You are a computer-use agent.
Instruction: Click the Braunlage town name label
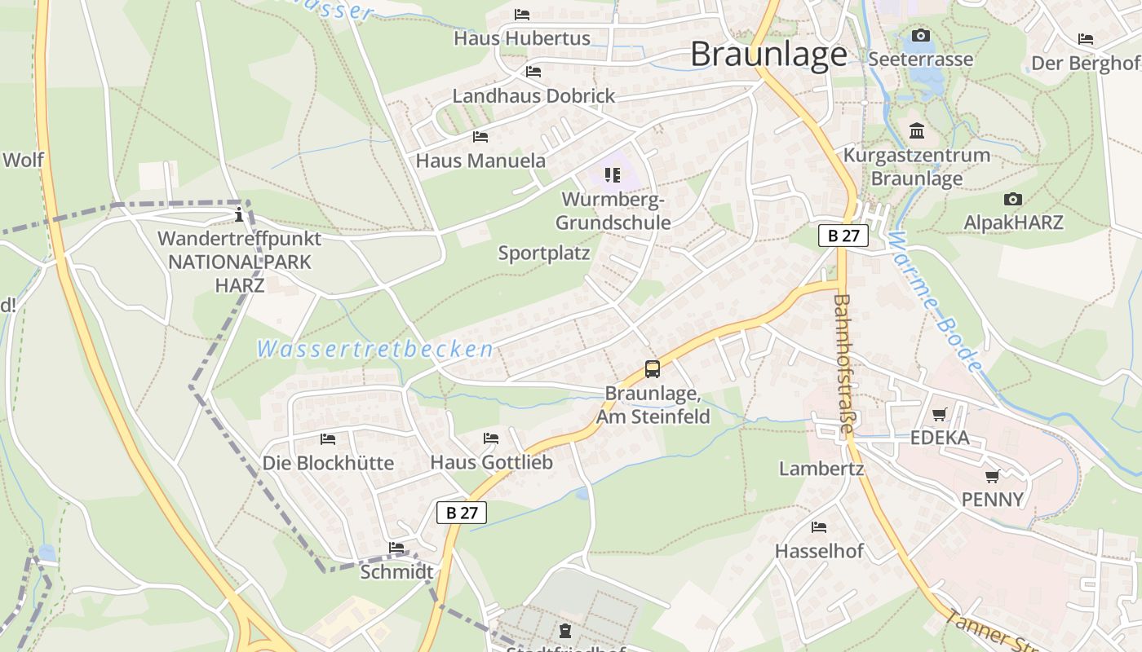[x=768, y=55]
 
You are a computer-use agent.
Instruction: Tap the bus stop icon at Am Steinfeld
[x=653, y=368]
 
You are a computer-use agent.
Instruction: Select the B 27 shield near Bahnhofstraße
[x=843, y=236]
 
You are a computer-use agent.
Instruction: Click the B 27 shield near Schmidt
[x=462, y=513]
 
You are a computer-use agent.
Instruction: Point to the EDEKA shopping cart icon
[x=940, y=414]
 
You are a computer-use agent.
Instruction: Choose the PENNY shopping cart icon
[x=992, y=476]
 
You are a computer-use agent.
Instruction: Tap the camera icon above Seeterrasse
[x=920, y=35]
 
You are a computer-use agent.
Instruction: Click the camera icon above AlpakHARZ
[x=1012, y=199]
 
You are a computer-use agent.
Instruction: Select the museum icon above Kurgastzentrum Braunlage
[x=916, y=130]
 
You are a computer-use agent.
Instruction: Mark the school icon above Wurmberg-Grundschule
[x=613, y=174]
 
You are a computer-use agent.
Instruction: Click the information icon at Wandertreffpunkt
[x=239, y=215]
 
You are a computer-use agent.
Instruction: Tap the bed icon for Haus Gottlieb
[x=490, y=438]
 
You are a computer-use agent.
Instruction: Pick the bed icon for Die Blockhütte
[x=327, y=439]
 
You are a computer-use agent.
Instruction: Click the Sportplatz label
[x=544, y=253]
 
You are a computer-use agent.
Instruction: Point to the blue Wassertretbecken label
[x=375, y=350]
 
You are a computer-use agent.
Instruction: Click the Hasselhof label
[x=819, y=551]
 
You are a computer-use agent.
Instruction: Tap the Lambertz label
[x=821, y=469]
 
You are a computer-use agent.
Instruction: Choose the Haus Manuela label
[x=480, y=161]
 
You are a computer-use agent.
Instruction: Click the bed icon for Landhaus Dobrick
[x=533, y=72]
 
